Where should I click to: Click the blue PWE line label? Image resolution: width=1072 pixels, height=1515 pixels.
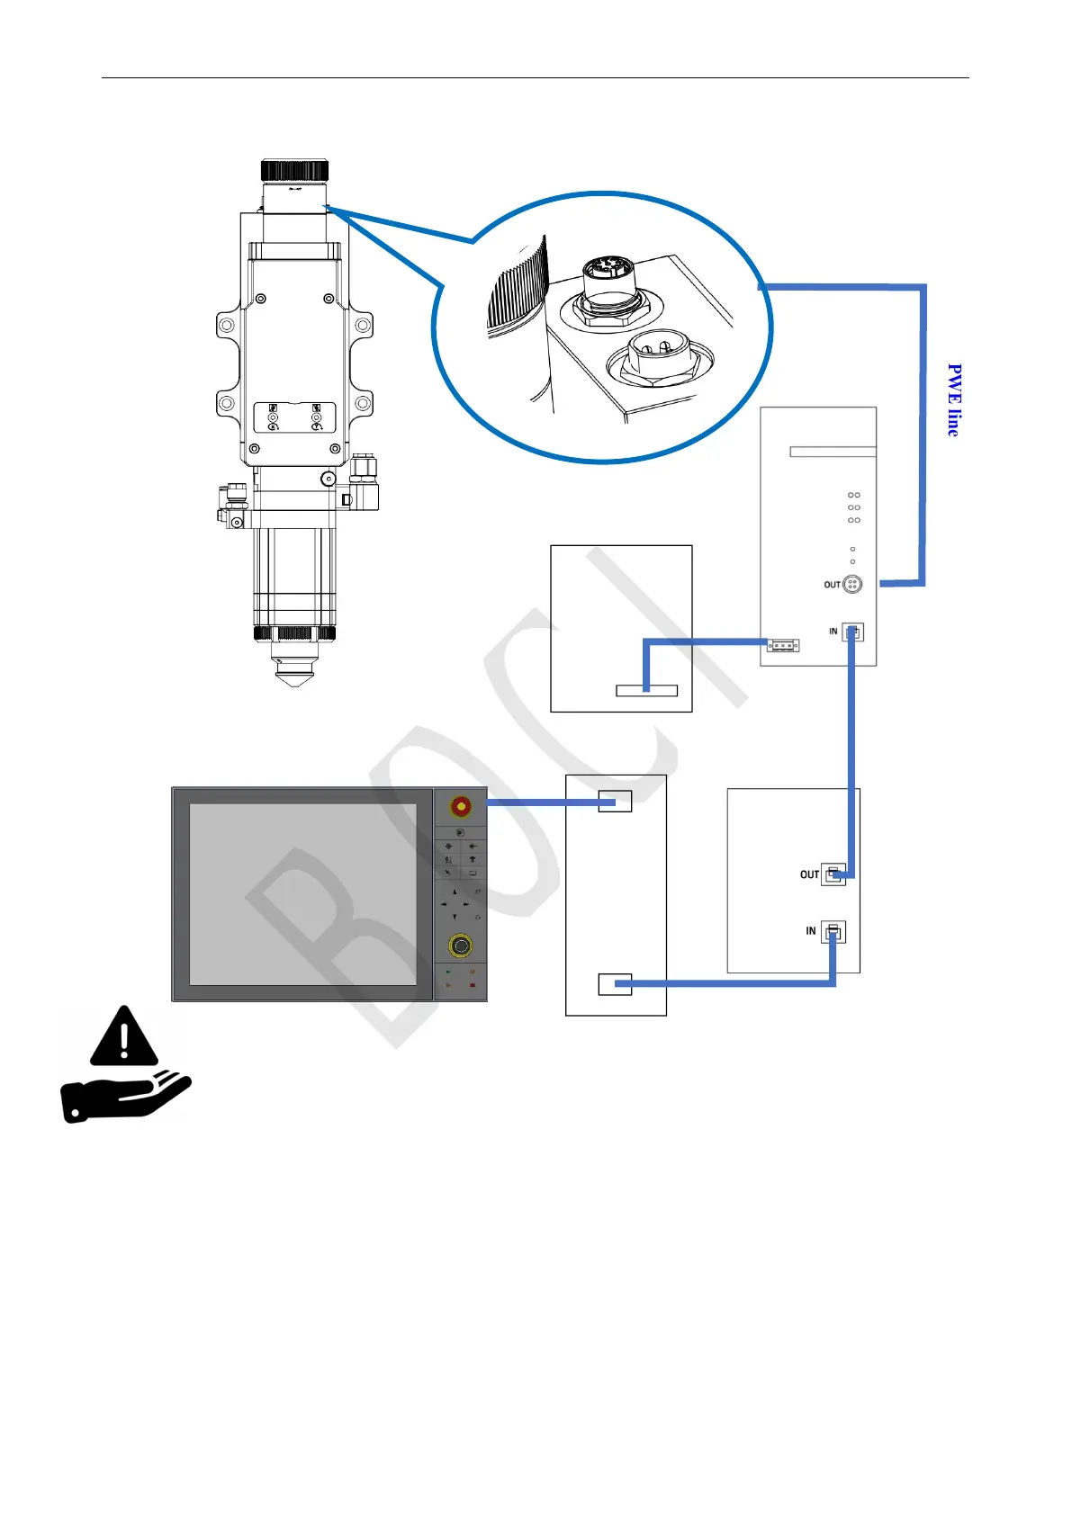pos(954,400)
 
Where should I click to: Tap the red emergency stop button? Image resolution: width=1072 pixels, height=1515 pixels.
pos(461,805)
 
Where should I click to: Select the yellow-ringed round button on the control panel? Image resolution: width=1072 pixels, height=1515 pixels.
pos(461,946)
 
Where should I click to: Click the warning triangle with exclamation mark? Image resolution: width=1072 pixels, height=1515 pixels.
pos(124,1036)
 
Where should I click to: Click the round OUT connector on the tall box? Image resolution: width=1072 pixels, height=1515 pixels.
pos(851,585)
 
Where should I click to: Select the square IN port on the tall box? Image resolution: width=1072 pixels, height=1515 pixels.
pos(852,632)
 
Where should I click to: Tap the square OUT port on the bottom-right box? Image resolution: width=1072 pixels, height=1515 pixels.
pos(833,874)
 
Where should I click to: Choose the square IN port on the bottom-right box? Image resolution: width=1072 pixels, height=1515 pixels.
pos(833,932)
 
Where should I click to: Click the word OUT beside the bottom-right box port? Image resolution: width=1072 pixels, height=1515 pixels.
pos(809,874)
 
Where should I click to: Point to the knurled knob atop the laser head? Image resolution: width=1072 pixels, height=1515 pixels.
pos(294,170)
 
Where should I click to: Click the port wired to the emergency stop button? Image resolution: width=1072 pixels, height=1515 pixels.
pos(615,801)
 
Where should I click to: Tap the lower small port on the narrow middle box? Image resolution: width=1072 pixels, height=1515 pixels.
pos(615,984)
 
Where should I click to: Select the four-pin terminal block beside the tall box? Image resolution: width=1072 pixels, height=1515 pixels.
pos(783,645)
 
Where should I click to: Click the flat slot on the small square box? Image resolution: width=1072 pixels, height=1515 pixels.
pos(646,691)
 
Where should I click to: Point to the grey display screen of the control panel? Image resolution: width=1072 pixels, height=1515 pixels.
pos(303,894)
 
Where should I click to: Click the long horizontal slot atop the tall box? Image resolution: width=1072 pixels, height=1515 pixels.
pos(833,452)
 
